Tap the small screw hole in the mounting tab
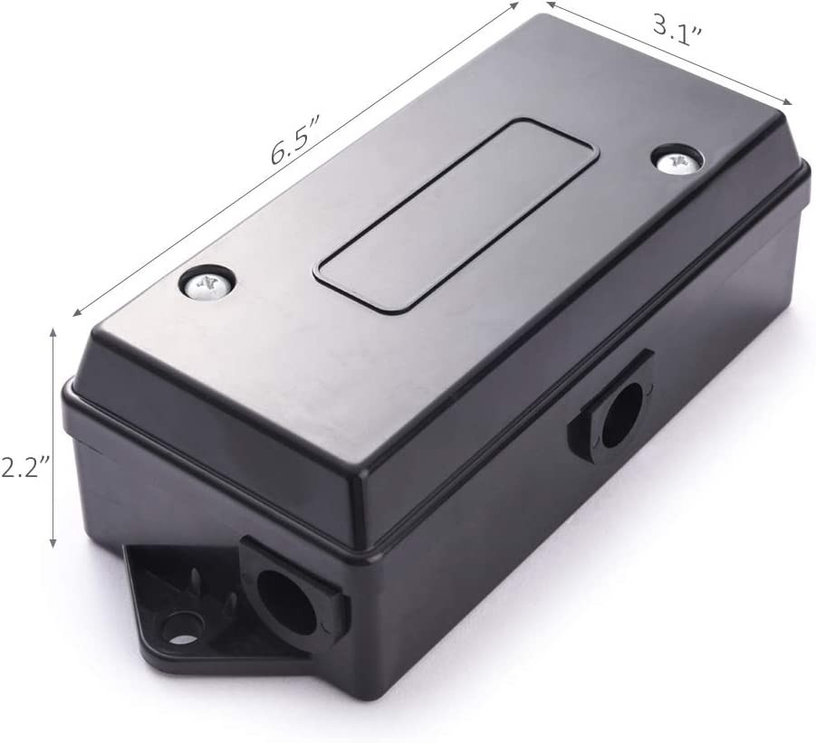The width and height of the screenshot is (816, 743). (182, 624)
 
